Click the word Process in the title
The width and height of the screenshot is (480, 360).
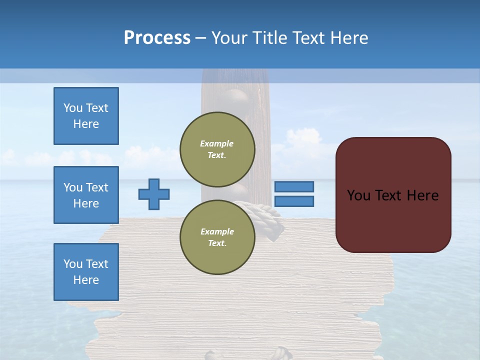point(157,38)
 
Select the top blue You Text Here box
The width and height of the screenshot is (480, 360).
point(86,116)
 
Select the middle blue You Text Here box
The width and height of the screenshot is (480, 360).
point(86,195)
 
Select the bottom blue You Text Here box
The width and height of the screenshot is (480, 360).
point(86,272)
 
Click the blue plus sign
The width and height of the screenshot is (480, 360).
point(154,194)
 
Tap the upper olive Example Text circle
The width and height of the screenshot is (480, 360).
point(217,149)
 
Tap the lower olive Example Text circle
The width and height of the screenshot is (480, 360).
point(217,237)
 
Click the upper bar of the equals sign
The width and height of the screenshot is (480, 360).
point(294,186)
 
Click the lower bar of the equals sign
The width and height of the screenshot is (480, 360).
point(294,201)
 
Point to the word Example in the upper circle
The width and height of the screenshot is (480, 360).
point(217,143)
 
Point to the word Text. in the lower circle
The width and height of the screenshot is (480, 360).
point(217,243)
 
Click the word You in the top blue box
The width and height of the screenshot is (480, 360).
point(72,108)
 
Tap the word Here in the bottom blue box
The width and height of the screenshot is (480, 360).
point(86,280)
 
